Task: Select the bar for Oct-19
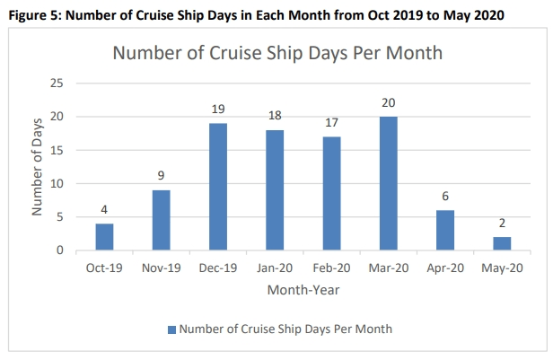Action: click(x=105, y=237)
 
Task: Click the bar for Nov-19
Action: click(x=162, y=220)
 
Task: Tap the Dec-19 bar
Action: click(x=218, y=187)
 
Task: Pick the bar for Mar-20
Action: click(x=389, y=184)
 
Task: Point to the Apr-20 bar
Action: click(x=445, y=231)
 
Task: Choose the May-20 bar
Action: click(x=502, y=243)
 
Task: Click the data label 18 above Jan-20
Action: click(x=275, y=116)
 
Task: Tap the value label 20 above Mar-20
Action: click(x=389, y=103)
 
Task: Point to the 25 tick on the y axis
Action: click(x=57, y=83)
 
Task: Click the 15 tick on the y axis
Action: click(x=57, y=150)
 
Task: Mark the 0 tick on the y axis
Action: click(x=60, y=250)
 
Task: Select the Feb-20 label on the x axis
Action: click(x=331, y=268)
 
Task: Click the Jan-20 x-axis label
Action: click(x=275, y=268)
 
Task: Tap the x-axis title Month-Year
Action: click(x=303, y=290)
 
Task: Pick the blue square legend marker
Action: click(x=171, y=329)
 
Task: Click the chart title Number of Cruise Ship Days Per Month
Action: click(x=277, y=53)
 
